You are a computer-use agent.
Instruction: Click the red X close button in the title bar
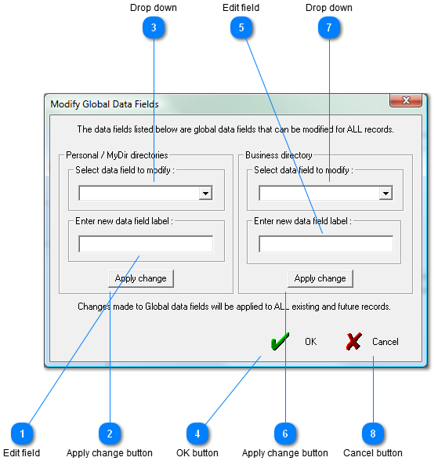point(406,100)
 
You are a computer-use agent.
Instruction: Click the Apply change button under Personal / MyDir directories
point(141,278)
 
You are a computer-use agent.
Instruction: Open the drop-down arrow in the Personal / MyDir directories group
point(205,193)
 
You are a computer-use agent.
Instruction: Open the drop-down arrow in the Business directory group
point(386,193)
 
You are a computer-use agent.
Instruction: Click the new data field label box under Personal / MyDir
point(146,244)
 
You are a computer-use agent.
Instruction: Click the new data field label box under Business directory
point(326,244)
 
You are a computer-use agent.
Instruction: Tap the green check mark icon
point(280,341)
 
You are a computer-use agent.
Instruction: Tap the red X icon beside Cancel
point(353,341)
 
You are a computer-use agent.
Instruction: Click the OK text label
point(310,342)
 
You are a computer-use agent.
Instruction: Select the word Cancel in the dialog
point(386,342)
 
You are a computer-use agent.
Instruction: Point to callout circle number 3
point(154,27)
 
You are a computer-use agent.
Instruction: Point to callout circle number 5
point(241,27)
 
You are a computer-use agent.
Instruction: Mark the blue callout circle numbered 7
point(329,27)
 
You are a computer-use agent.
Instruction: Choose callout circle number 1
point(22,434)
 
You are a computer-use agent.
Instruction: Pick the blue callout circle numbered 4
point(197,434)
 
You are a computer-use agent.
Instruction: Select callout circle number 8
point(373,434)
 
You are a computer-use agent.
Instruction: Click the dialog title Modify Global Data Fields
point(104,104)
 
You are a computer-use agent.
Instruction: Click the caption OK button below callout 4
point(197,453)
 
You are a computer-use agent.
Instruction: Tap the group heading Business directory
point(279,155)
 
